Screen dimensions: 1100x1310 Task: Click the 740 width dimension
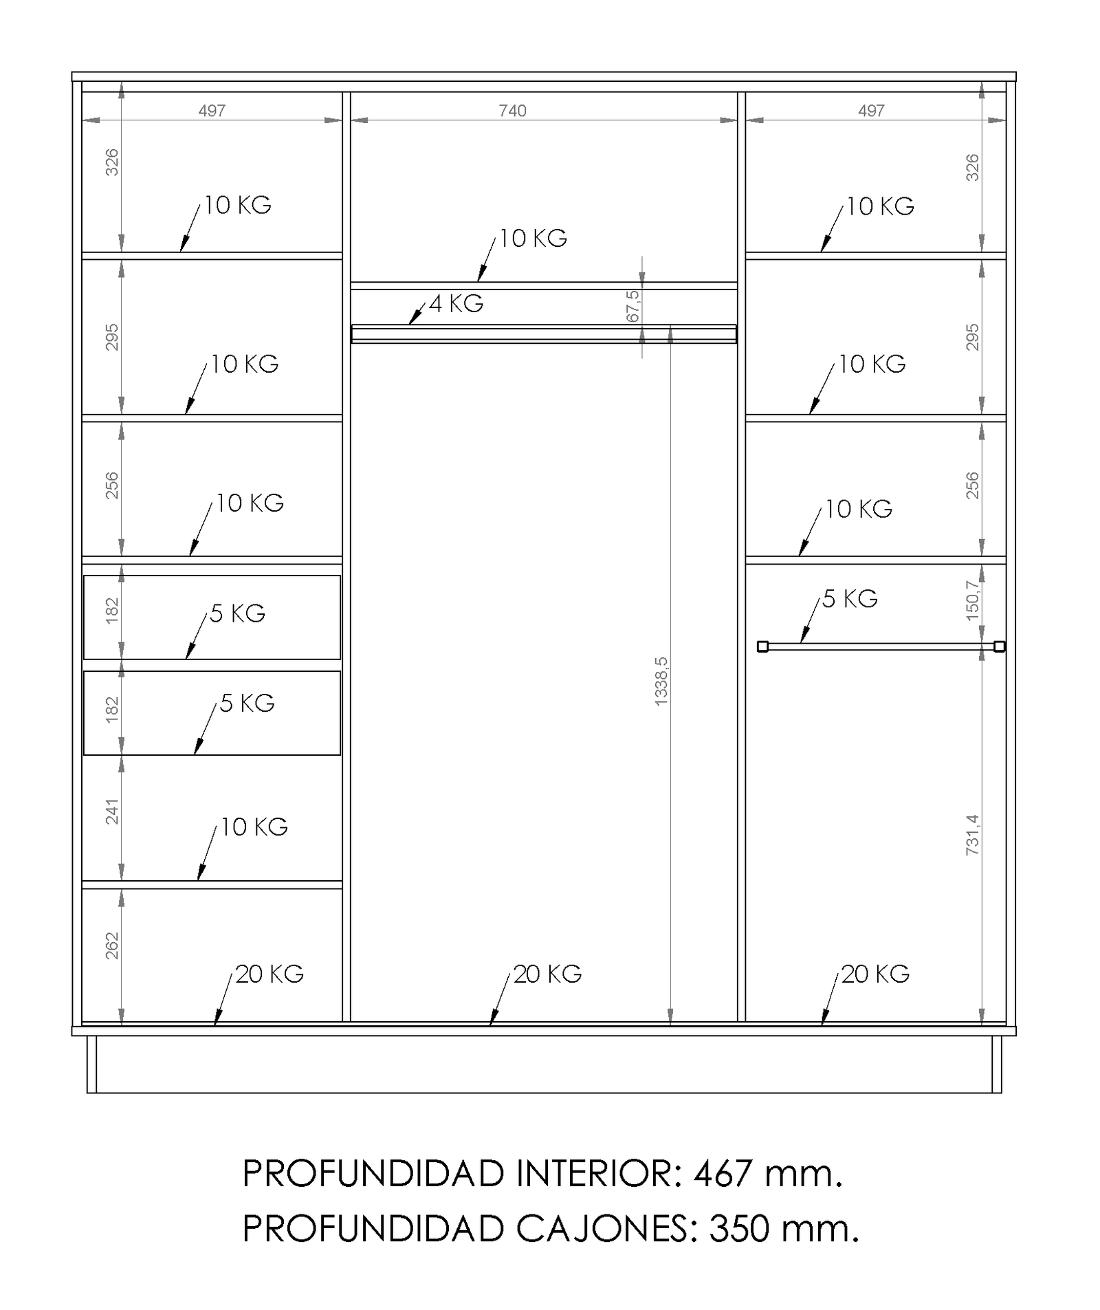512,111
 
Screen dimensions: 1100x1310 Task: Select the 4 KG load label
456,303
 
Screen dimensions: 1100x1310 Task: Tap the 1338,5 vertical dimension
661,681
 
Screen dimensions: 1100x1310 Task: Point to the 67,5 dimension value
633,306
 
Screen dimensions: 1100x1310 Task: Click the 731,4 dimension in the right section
972,834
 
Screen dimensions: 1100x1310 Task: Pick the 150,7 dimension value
972,600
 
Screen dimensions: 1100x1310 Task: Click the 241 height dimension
112,811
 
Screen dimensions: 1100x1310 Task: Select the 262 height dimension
112,946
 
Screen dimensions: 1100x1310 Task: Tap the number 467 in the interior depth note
723,1174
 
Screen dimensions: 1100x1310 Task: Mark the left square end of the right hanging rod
762,646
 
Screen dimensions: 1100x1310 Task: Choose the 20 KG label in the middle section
547,974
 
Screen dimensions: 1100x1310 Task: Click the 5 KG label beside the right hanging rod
850,599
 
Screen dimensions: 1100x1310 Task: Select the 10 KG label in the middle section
533,238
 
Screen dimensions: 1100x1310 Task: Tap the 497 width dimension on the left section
212,111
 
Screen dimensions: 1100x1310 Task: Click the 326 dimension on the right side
972,167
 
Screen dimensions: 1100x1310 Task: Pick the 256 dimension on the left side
112,485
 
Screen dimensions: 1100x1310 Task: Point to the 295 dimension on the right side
972,337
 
